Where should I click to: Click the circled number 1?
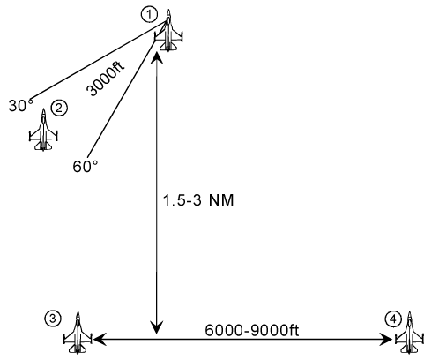point(149,14)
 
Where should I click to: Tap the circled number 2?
point(59,109)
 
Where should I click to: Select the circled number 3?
point(53,319)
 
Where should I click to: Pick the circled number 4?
point(393,319)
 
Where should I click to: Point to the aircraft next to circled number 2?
point(43,130)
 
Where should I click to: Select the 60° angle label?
point(86,167)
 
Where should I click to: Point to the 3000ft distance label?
point(106,79)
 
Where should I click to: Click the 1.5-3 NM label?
point(198,200)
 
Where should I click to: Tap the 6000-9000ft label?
point(252,330)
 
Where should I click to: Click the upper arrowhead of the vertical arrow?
point(157,57)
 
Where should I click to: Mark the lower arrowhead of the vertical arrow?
point(157,328)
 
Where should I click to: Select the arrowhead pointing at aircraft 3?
point(99,340)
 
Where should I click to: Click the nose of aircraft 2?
point(43,109)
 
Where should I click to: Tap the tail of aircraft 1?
point(168,49)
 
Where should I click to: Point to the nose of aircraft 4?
point(409,312)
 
